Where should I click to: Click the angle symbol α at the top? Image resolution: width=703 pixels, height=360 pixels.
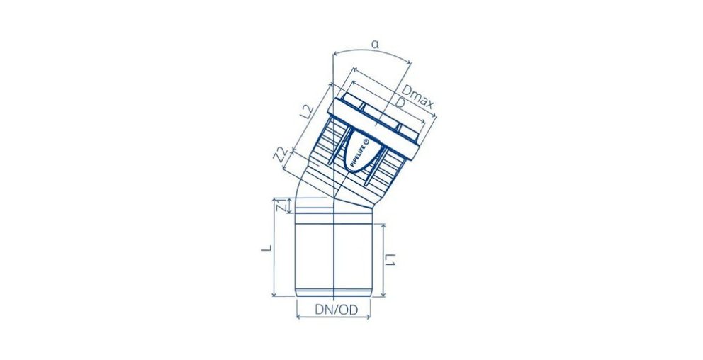376,45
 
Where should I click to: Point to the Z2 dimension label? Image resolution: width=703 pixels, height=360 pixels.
281,154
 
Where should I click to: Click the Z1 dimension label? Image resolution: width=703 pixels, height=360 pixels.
280,207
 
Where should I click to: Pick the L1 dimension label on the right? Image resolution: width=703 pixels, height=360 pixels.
390,259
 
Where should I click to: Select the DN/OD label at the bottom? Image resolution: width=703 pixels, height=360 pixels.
336,310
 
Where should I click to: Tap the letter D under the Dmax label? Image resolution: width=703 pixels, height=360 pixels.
400,103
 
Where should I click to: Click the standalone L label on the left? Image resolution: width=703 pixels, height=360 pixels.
266,248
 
